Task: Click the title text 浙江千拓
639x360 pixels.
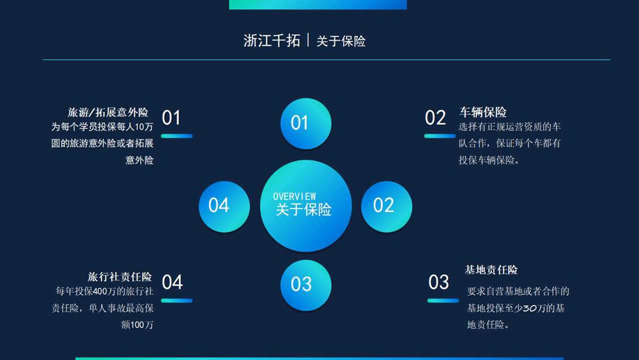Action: [x=272, y=41]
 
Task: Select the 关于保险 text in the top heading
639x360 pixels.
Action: [x=341, y=41]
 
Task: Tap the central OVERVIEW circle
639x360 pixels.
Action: [x=305, y=206]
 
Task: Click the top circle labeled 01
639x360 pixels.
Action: [x=305, y=123]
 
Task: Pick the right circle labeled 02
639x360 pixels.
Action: [x=387, y=207]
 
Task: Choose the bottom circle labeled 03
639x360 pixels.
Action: [x=305, y=285]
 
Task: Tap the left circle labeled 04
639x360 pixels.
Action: [x=224, y=207]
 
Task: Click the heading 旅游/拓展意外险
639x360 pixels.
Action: [x=108, y=112]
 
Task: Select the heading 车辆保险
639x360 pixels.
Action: [x=483, y=112]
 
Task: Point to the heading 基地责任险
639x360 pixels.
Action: [x=491, y=269]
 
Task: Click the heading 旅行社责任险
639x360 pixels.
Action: [x=119, y=277]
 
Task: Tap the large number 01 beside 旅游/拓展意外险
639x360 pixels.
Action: [x=171, y=118]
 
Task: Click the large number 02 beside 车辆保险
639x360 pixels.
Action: [x=435, y=118]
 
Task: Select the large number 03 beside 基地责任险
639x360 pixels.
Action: [x=438, y=282]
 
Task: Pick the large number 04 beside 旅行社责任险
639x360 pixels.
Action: [x=172, y=282]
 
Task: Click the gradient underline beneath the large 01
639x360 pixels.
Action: [x=177, y=136]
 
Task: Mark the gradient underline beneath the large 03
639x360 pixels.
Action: [x=443, y=301]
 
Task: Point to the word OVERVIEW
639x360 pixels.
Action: [x=294, y=196]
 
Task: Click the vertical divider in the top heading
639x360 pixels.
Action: [x=308, y=40]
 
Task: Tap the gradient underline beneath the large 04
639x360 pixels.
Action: [x=177, y=301]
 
